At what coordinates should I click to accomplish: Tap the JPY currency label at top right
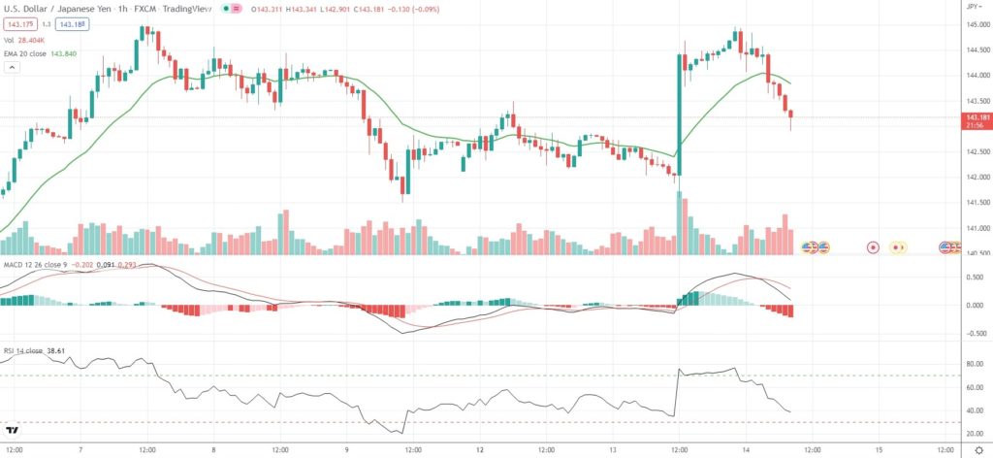click(971, 7)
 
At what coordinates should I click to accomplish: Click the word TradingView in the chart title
click(193, 9)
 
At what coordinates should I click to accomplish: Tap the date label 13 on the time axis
click(614, 450)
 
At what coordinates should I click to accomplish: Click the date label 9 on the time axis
click(347, 450)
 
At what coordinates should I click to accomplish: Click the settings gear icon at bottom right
click(977, 450)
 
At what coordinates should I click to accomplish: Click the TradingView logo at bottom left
click(13, 430)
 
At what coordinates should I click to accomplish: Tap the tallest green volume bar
click(679, 222)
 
